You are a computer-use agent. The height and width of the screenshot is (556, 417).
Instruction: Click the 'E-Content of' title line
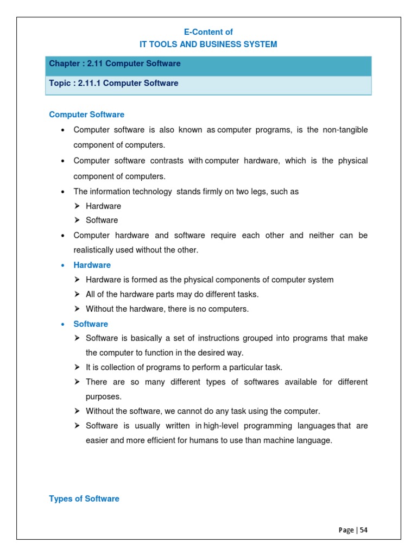[x=208, y=32]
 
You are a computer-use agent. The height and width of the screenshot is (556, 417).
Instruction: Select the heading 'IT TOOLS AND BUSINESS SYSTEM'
[x=208, y=45]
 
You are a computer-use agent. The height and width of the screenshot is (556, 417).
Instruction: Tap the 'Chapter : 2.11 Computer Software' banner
[x=208, y=64]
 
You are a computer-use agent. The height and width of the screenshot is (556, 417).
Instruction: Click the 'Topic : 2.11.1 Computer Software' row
[x=208, y=84]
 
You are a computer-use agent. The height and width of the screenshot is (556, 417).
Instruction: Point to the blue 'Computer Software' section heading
[x=86, y=115]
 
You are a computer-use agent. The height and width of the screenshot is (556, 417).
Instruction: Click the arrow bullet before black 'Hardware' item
[x=77, y=206]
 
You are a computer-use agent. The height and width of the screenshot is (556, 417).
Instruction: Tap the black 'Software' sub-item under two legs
[x=102, y=220]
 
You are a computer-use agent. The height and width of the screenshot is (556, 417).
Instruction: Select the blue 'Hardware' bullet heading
[x=92, y=265]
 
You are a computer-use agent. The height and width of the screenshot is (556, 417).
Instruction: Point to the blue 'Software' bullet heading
[x=91, y=324]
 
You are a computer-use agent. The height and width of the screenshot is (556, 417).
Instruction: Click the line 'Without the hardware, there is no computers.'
[x=167, y=309]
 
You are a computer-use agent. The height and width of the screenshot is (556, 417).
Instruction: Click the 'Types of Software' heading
[x=84, y=498]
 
